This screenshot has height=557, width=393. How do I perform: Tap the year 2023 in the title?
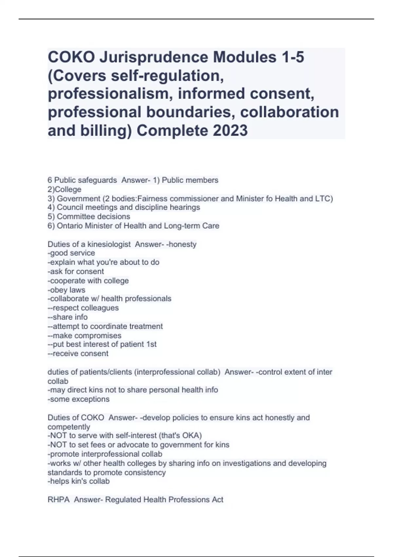(230, 130)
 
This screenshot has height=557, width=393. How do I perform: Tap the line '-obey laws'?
(66, 290)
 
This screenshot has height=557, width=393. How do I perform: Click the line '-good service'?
(71, 253)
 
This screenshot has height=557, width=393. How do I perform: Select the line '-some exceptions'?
(79, 399)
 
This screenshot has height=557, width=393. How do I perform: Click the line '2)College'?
(65, 189)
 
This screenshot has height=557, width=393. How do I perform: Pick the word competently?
(69, 427)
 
